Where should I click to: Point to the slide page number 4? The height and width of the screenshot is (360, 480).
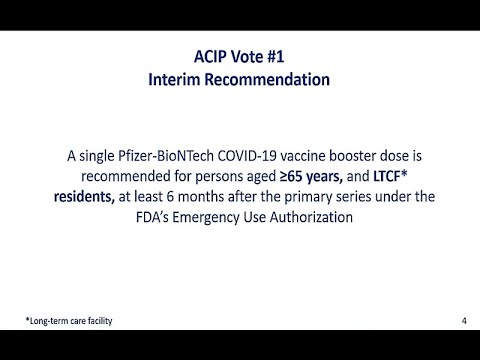coord(464,320)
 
